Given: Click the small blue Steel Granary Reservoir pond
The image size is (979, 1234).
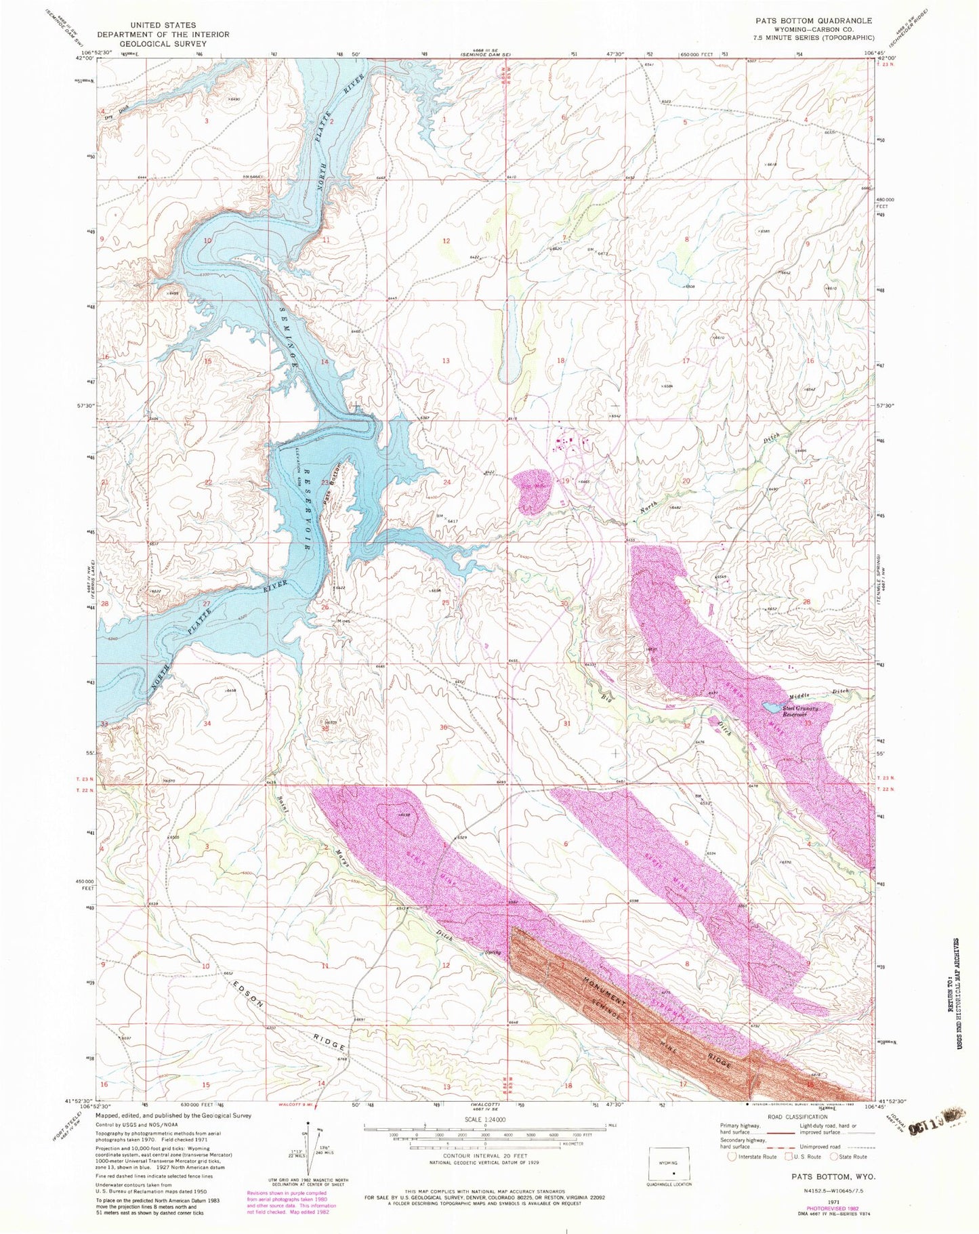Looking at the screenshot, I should (771, 707).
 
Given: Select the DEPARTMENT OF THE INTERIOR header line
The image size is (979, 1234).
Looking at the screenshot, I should (163, 34).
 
